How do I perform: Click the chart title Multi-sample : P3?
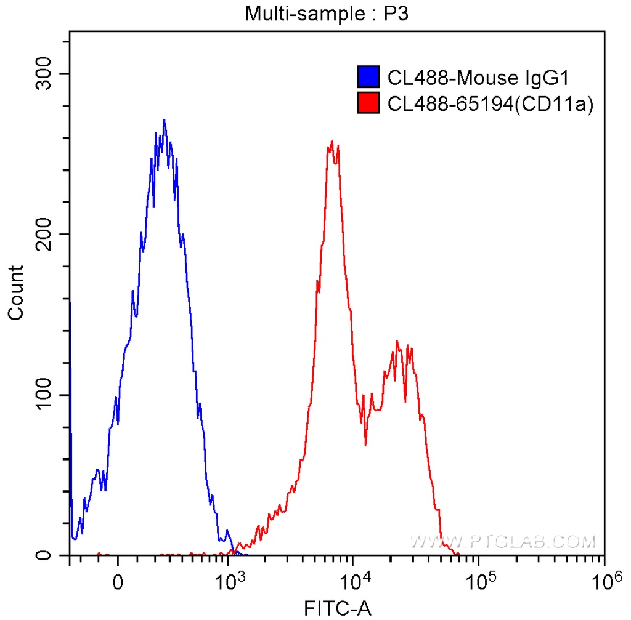pyautogui.click(x=327, y=13)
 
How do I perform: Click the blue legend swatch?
pyautogui.click(x=368, y=78)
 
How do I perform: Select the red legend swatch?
pyautogui.click(x=368, y=103)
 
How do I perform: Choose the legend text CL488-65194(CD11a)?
pyautogui.click(x=490, y=103)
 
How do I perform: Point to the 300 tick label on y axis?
pyautogui.click(x=45, y=74)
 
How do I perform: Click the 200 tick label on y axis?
pyautogui.click(x=45, y=235)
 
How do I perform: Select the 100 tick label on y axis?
pyautogui.click(x=45, y=395)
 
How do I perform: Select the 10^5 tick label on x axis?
pyautogui.click(x=479, y=581)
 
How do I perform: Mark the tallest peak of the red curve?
pyautogui.click(x=332, y=142)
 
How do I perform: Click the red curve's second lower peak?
pyautogui.click(x=397, y=341)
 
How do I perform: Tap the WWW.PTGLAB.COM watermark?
pyautogui.click(x=503, y=541)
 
